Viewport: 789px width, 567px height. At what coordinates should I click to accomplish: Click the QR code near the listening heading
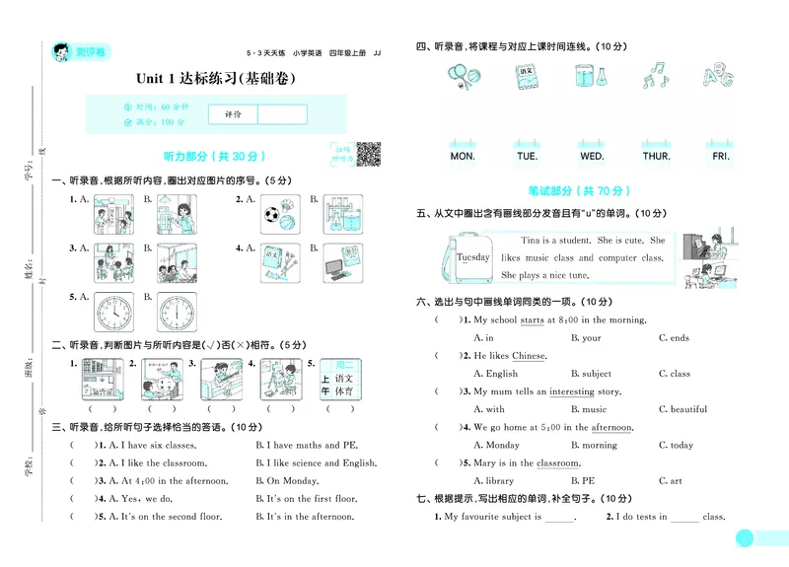coord(367,153)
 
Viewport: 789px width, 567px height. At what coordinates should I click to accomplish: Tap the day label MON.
coord(462,156)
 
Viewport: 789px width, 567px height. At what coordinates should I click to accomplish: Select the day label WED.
coord(592,156)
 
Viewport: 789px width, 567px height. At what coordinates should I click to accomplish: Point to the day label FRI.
coord(721,156)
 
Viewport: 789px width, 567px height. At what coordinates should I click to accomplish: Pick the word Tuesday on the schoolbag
coord(472,257)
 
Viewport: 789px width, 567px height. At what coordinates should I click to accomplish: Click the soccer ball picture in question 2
coord(273,213)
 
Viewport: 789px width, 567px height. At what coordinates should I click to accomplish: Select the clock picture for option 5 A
coord(113,313)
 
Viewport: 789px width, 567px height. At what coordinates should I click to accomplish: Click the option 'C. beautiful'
coord(688,409)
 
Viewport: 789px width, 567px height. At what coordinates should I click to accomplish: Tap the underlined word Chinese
coord(529,356)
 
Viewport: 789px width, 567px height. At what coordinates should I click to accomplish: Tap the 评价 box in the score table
coord(233,114)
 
